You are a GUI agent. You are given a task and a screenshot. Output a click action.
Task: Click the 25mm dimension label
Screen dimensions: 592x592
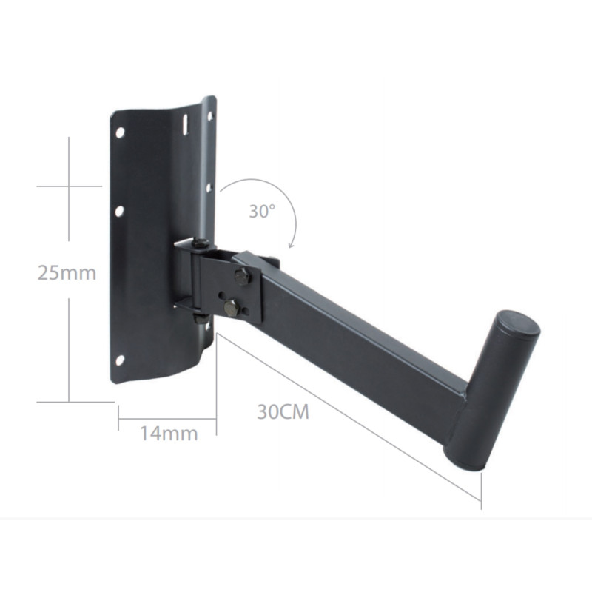coord(67,272)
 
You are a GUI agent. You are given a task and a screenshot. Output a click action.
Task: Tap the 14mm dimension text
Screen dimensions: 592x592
coord(169,433)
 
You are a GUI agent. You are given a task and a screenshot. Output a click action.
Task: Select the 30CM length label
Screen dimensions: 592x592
coord(283,411)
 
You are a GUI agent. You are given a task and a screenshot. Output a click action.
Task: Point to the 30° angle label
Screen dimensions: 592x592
coord(262,211)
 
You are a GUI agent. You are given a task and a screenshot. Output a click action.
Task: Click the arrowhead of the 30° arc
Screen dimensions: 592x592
coord(291,246)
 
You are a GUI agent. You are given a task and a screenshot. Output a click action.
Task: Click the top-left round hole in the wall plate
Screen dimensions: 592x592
coord(120,132)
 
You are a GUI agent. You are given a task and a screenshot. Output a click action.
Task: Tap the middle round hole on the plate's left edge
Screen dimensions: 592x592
coord(119,211)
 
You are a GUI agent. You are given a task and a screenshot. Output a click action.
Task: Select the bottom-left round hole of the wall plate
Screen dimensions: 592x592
coord(120,360)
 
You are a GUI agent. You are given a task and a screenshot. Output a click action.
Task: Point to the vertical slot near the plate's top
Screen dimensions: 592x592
coord(185,124)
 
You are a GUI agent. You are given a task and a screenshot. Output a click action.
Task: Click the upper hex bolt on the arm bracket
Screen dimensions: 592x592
coord(243,276)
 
